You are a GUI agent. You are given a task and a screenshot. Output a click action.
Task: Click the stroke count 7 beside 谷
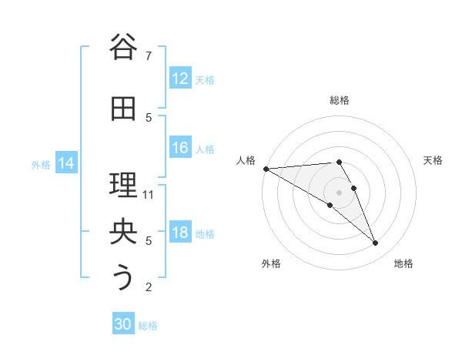(x=149, y=55)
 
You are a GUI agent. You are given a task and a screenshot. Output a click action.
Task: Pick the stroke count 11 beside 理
(x=149, y=194)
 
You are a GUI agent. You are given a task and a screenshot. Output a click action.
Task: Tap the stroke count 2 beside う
(x=149, y=287)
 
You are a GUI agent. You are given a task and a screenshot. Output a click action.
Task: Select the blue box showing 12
(x=180, y=79)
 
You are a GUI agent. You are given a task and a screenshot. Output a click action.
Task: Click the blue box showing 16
(x=180, y=148)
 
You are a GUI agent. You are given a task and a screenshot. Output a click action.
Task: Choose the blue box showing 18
(x=180, y=233)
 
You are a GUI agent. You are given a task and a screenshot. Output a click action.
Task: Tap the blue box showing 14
(x=66, y=163)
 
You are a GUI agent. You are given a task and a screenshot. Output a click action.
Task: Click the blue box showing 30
(x=123, y=324)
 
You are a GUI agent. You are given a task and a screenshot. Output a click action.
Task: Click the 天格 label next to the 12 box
(x=205, y=79)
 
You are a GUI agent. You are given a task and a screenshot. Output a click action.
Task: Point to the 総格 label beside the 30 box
(x=148, y=326)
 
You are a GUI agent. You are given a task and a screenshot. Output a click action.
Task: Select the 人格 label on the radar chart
(x=246, y=160)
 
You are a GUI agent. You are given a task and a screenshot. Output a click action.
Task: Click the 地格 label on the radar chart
(x=403, y=263)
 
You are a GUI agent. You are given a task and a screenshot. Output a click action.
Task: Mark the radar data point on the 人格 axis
(x=266, y=169)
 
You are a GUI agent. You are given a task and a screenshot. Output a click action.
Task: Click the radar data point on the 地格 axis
(x=376, y=243)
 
